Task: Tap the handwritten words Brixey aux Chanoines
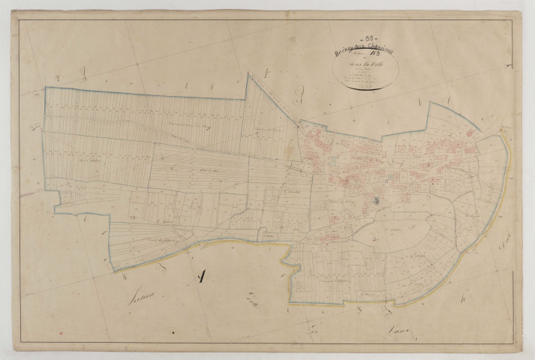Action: tap(367, 49)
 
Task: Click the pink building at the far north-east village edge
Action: tap(470, 133)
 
